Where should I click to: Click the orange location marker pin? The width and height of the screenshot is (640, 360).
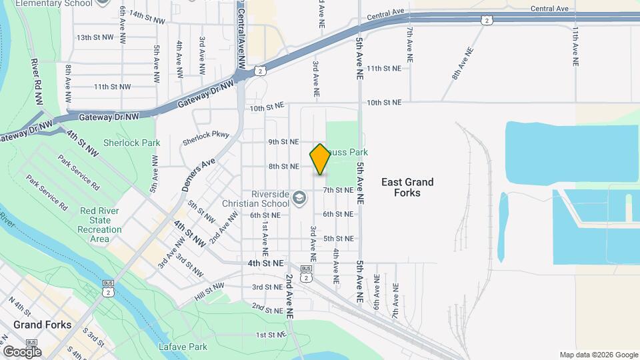(321, 159)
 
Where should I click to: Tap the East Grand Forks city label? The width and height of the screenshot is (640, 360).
(407, 187)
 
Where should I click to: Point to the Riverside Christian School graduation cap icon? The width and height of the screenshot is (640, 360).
(300, 197)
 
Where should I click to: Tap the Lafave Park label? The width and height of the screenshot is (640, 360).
(183, 347)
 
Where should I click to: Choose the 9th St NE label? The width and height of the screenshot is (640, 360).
(283, 142)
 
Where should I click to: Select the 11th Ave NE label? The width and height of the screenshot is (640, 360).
(575, 46)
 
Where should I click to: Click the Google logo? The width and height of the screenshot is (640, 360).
(22, 351)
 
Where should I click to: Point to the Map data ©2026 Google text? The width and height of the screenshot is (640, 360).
(598, 355)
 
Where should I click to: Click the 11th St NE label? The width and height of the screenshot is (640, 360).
(383, 68)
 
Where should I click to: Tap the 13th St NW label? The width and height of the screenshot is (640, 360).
(93, 38)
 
